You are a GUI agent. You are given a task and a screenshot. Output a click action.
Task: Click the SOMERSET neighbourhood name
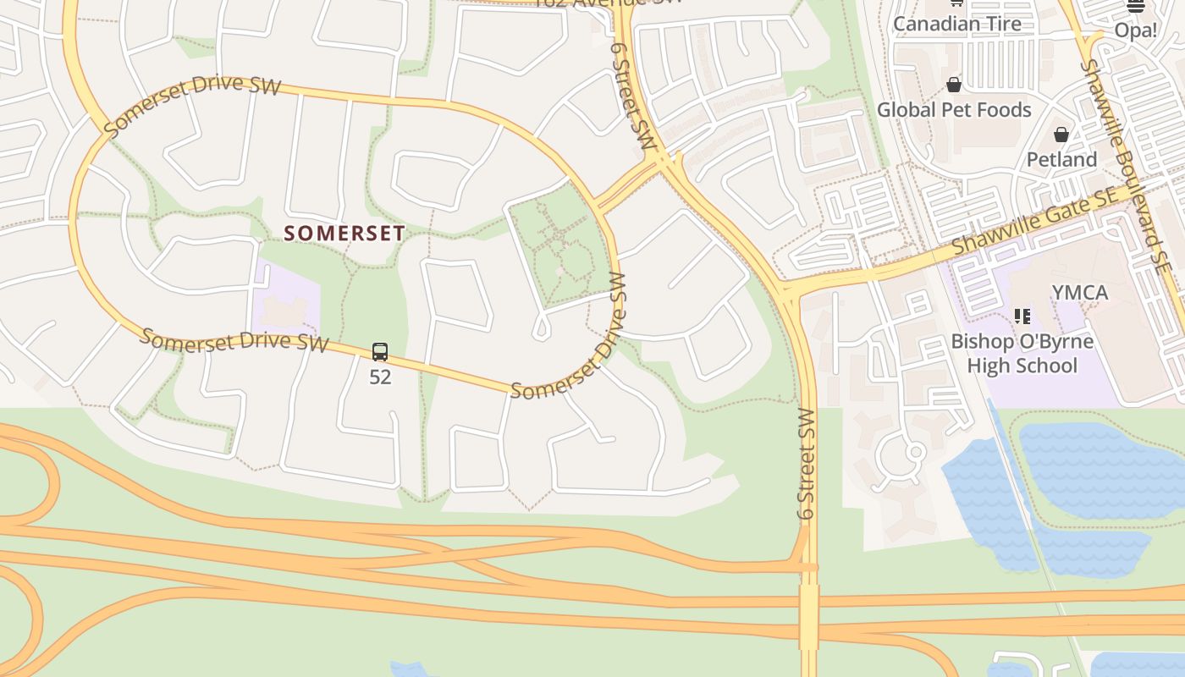click(x=344, y=233)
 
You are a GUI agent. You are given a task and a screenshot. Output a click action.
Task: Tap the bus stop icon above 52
click(x=380, y=352)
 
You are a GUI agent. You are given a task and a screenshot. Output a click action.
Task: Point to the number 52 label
click(x=380, y=377)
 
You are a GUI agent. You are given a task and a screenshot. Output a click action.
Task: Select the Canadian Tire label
click(x=956, y=24)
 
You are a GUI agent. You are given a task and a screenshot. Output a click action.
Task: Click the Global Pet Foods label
click(x=954, y=110)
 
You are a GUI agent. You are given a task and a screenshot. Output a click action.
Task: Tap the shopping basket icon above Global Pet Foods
click(x=954, y=85)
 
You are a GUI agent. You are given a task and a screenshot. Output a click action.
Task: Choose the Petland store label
click(x=1061, y=160)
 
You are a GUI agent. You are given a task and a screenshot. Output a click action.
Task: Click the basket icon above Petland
click(x=1061, y=135)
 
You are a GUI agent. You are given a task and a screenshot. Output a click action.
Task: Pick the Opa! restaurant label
click(x=1135, y=31)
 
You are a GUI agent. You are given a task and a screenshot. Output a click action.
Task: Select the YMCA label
click(x=1079, y=293)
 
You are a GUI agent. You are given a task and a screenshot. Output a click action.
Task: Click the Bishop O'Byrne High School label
click(x=1022, y=354)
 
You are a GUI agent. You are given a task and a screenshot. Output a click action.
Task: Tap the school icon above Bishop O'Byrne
click(x=1022, y=316)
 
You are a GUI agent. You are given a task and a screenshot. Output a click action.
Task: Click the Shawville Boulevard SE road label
click(x=1127, y=165)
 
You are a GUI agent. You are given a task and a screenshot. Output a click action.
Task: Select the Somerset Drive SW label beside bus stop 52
click(x=234, y=340)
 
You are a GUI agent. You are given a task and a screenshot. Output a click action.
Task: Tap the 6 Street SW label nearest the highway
click(x=806, y=465)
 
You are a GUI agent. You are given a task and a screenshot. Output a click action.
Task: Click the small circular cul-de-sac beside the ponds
click(x=914, y=452)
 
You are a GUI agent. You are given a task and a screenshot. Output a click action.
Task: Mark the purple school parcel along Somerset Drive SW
click(x=286, y=300)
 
